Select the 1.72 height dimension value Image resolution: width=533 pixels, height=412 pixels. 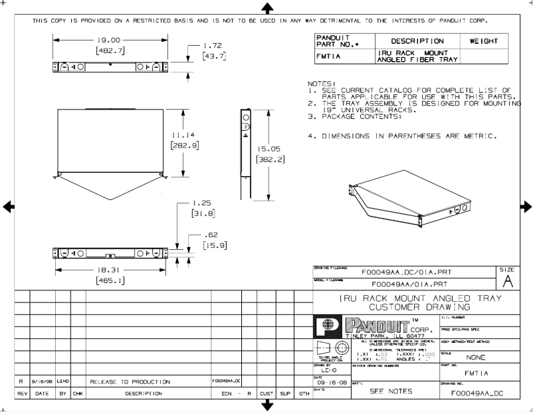tap(213, 46)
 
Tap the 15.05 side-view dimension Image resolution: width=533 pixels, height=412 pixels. tap(270, 149)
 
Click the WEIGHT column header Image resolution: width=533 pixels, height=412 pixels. tap(483, 41)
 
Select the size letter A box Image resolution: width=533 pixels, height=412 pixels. tap(507, 280)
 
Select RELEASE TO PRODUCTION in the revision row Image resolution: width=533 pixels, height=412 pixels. tap(130, 382)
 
